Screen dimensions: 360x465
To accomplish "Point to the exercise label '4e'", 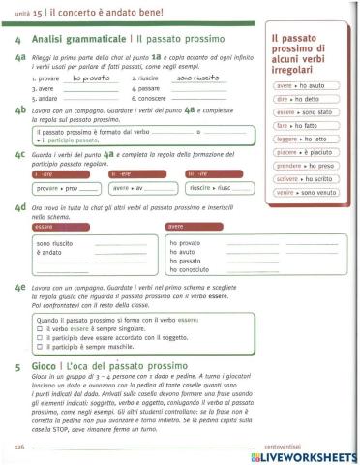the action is coord(20,289).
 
